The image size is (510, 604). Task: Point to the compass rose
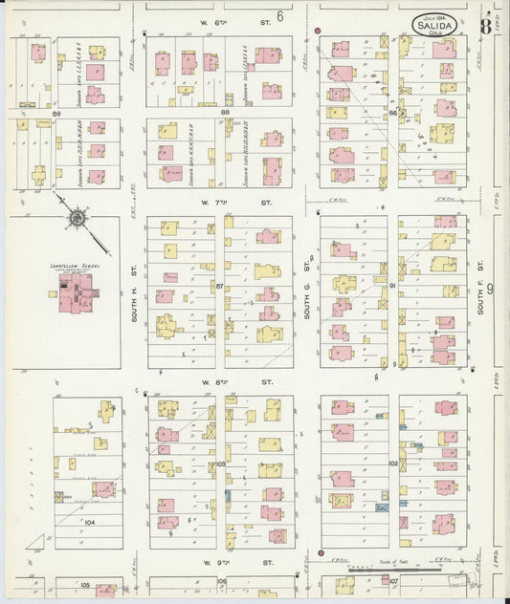pyautogui.click(x=74, y=219)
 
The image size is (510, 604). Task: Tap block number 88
pyautogui.click(x=226, y=114)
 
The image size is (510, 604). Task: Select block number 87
pyautogui.click(x=220, y=286)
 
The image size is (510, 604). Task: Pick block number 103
pyautogui.click(x=220, y=463)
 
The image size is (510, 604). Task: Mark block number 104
pyautogui.click(x=89, y=523)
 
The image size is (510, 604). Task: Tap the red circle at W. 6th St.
pyautogui.click(x=317, y=31)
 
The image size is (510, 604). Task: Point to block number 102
pyautogui.click(x=393, y=463)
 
